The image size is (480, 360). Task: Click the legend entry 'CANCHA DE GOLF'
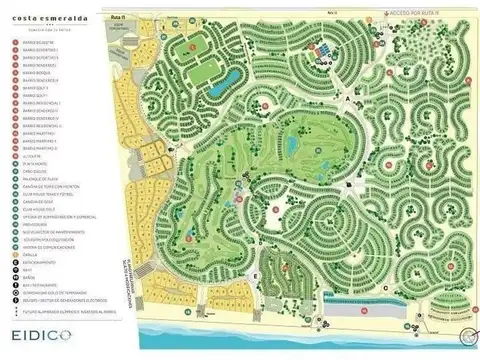(x=35, y=201)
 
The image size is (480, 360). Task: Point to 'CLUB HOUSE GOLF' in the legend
(x=35, y=208)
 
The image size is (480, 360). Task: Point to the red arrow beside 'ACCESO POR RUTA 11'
(x=400, y=12)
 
